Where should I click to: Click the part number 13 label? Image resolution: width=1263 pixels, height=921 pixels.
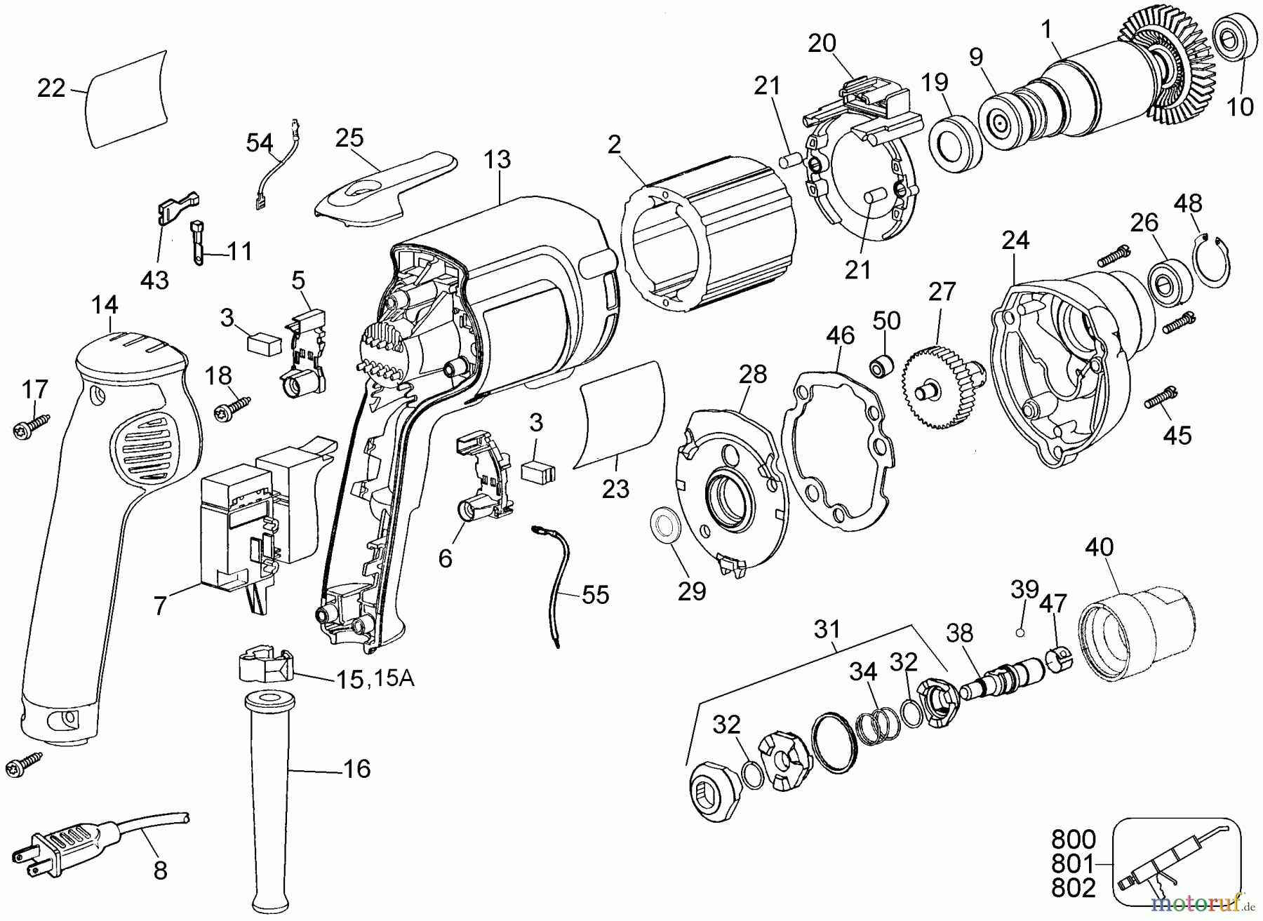pyautogui.click(x=497, y=160)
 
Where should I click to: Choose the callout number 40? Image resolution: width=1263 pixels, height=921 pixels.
pyautogui.click(x=1100, y=547)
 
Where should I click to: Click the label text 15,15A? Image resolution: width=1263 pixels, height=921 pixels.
pyautogui.click(x=374, y=678)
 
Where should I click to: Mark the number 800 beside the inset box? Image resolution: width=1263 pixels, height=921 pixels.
pyautogui.click(x=1073, y=840)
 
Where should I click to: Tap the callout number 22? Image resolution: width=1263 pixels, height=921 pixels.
pyautogui.click(x=51, y=88)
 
